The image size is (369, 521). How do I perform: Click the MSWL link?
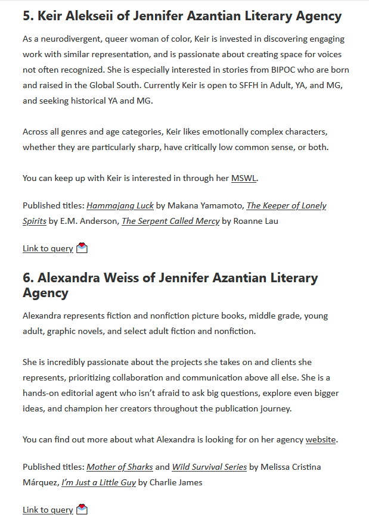[243, 178]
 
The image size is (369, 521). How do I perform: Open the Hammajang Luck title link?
[120, 206]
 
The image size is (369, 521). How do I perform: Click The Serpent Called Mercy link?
[170, 221]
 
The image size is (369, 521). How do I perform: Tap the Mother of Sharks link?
[120, 467]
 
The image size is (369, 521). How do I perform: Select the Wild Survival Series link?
[210, 467]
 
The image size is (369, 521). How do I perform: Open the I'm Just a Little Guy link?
[98, 482]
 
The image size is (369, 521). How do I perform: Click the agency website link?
[321, 440]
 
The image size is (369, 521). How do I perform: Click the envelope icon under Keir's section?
[82, 248]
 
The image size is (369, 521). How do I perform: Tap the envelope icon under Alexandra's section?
[82, 510]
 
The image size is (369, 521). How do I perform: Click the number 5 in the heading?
[27, 17]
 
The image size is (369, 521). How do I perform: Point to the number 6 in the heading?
[27, 278]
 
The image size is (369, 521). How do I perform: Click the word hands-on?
[42, 393]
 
